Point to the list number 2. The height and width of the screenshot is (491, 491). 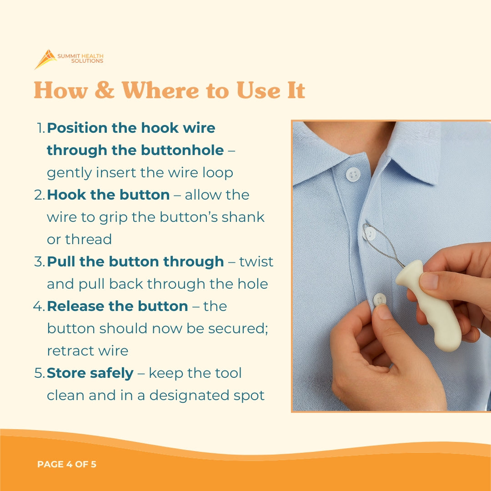coord(39,195)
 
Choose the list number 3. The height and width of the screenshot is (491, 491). coord(39,262)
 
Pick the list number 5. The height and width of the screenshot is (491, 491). coord(39,373)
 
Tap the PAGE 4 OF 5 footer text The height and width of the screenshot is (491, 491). coord(67,465)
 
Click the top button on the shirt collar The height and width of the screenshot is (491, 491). coord(353,174)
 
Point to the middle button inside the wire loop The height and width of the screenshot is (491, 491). coord(370,233)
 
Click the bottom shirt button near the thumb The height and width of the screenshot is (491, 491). coord(379,299)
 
